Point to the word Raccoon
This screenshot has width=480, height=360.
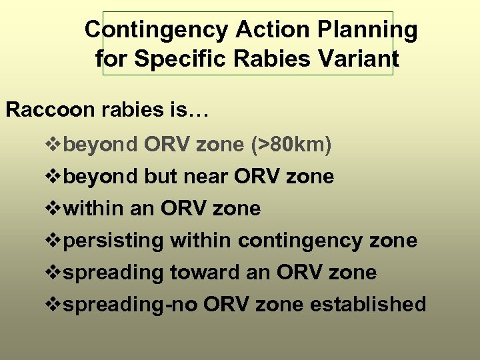point(50,110)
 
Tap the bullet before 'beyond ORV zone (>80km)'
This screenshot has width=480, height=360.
point(53,145)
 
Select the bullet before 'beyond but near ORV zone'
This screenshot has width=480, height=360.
point(53,177)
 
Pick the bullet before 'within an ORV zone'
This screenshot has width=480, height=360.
point(53,209)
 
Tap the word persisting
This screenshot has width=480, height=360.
point(115,241)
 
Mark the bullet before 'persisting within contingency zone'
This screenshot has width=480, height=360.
point(53,241)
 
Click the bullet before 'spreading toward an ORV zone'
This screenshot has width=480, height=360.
point(53,273)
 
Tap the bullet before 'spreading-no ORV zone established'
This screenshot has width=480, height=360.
point(53,305)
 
